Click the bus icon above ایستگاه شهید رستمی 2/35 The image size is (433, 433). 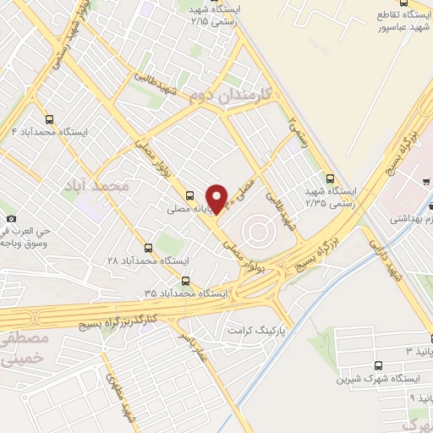click(330, 178)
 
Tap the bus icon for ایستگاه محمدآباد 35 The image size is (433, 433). click(186, 282)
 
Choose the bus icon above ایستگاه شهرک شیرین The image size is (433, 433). click(377, 364)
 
